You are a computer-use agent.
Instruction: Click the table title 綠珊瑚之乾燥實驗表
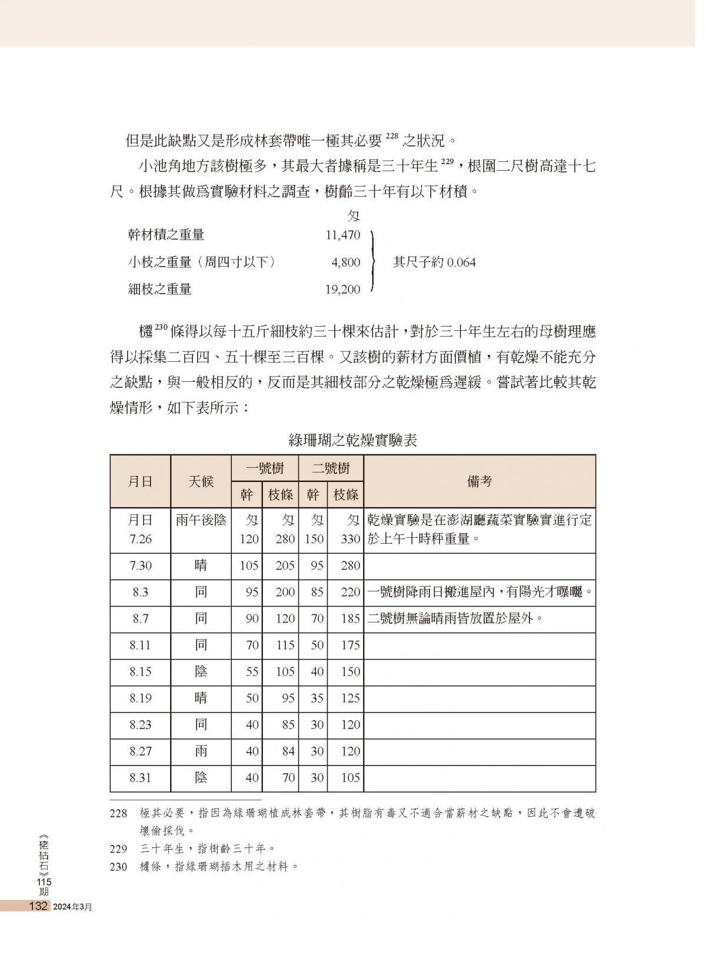(353, 440)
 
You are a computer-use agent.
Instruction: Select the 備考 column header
(479, 481)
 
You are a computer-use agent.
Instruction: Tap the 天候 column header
(201, 481)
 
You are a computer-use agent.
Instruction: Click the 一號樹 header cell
(265, 468)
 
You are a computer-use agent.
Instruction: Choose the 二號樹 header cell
(331, 468)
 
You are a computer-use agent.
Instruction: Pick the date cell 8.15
(141, 671)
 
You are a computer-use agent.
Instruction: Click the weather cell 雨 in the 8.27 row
(201, 751)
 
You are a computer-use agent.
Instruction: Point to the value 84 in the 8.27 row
(288, 751)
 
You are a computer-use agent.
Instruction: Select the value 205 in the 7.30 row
(285, 566)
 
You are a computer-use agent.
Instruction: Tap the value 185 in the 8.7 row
(350, 618)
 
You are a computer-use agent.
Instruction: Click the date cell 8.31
(141, 777)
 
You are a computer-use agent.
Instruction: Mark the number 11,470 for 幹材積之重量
(343, 235)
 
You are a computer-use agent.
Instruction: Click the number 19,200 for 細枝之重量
(343, 289)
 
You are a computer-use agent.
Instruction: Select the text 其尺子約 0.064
(434, 262)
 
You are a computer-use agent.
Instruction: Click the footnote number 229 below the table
(118, 849)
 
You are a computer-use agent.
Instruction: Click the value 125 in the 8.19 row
(350, 698)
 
